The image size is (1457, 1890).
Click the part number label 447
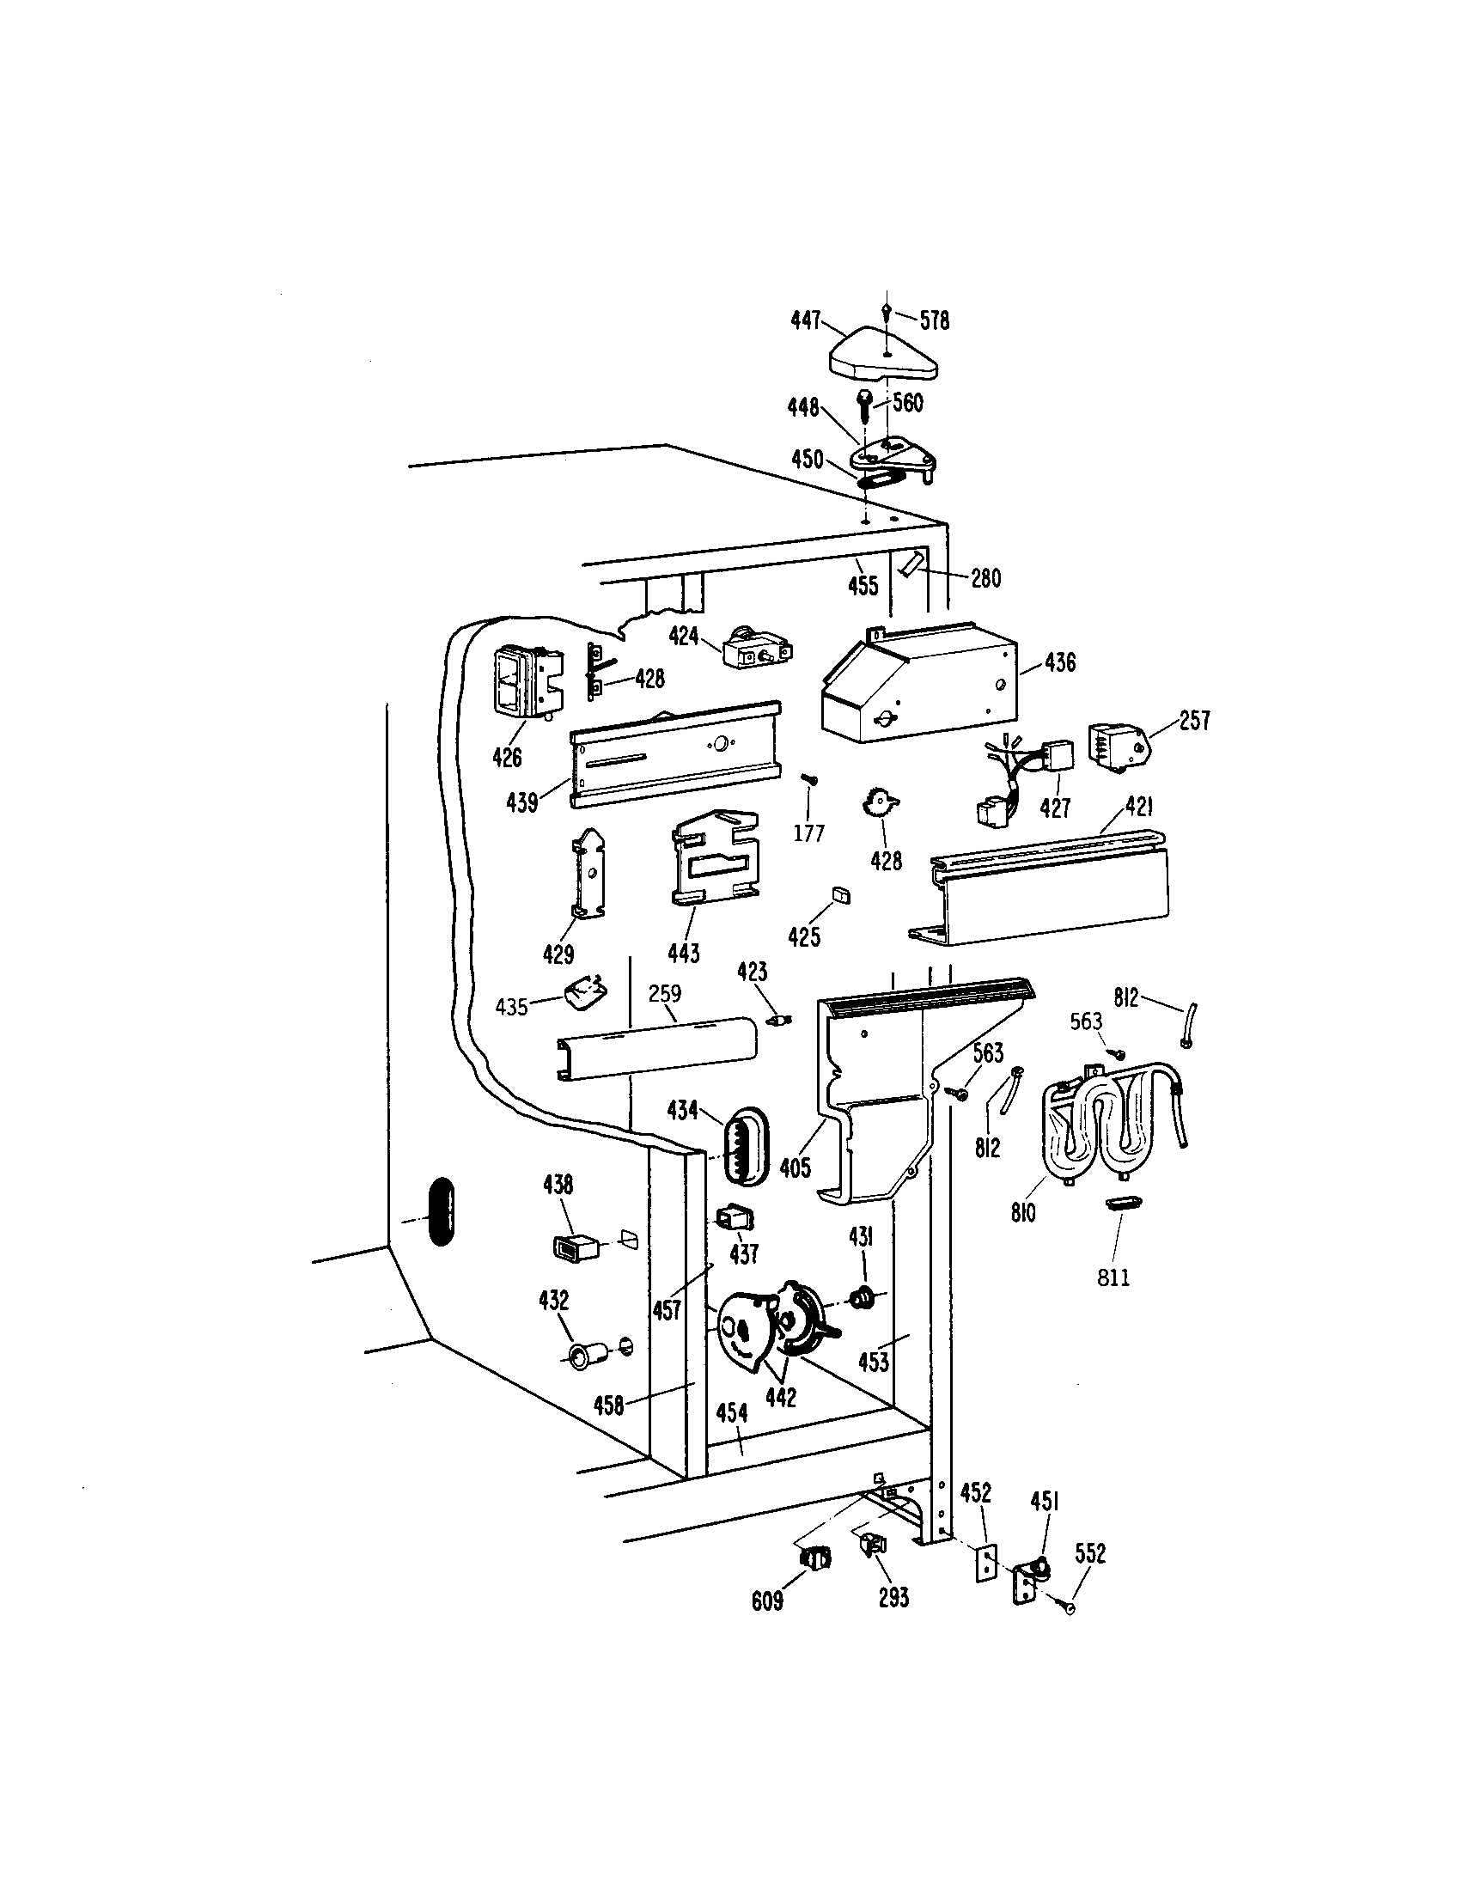click(x=805, y=321)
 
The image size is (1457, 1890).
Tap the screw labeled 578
click(x=887, y=310)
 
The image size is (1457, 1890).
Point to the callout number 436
click(x=1060, y=663)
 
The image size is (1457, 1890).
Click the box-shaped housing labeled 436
click(x=917, y=684)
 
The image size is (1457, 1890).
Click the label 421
click(x=1138, y=808)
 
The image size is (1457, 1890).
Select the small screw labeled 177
click(x=811, y=781)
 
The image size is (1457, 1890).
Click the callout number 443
click(x=684, y=954)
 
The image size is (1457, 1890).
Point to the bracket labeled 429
click(x=588, y=874)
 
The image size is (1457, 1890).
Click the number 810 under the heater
click(x=1022, y=1213)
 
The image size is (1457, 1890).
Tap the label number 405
click(x=796, y=1168)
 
